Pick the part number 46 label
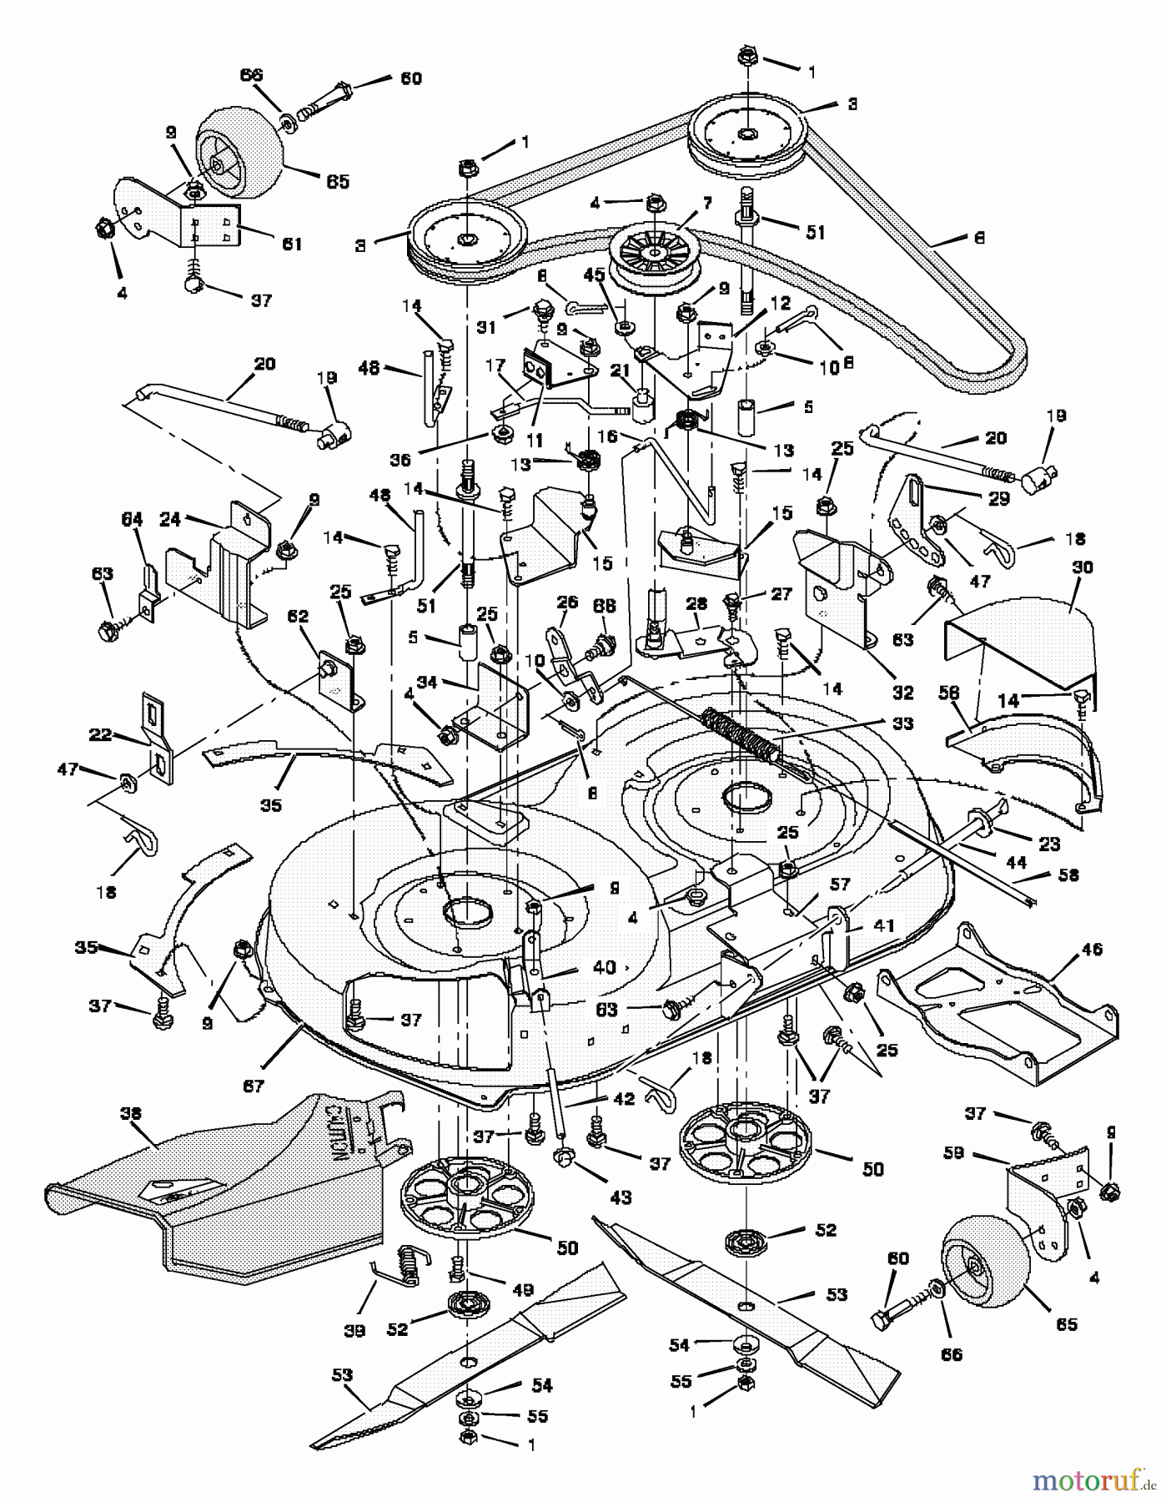pos(1091,949)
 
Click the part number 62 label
pos(298,617)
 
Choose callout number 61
pos(291,244)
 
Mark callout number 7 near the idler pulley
pos(706,203)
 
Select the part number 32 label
pos(902,692)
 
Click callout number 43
pos(621,1197)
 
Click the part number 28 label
pos(691,602)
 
